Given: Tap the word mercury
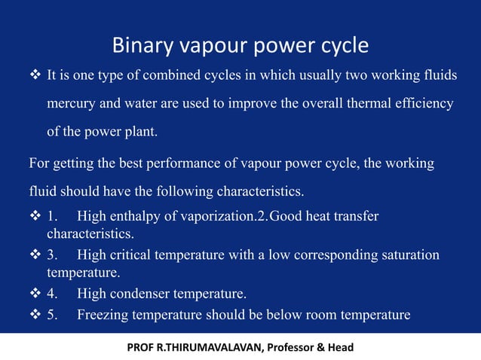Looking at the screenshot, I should click(73, 104).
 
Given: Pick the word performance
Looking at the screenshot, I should click(187, 163).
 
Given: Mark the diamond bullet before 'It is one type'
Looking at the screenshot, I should click(35, 77).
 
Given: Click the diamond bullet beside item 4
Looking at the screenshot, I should click(35, 294).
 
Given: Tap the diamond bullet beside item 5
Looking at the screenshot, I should click(35, 314).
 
